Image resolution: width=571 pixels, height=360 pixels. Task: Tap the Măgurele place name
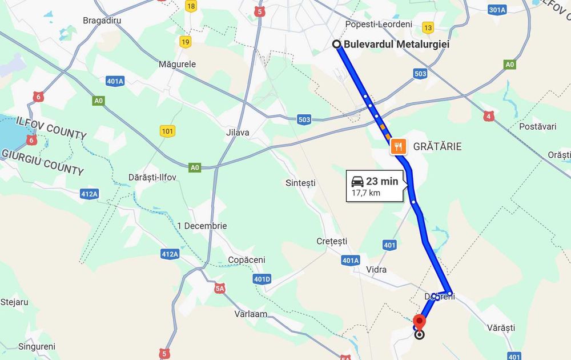pyautogui.click(x=177, y=64)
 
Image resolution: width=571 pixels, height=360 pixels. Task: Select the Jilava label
pyautogui.click(x=238, y=133)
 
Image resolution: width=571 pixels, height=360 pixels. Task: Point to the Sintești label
pyautogui.click(x=300, y=183)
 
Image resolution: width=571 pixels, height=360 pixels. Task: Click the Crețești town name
pyautogui.click(x=332, y=241)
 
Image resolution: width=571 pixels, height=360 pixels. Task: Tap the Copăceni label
pyautogui.click(x=247, y=259)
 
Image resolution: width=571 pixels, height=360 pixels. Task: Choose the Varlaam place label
pyautogui.click(x=251, y=314)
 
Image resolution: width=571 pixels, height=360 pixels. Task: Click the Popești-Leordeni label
pyautogui.click(x=379, y=24)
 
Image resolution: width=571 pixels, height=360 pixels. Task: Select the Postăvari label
pyautogui.click(x=538, y=126)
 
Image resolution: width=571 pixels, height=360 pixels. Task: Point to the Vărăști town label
pyautogui.click(x=501, y=328)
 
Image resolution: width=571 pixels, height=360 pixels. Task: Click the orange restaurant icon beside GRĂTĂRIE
pyautogui.click(x=399, y=147)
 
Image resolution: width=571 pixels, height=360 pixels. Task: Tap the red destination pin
pyautogui.click(x=420, y=322)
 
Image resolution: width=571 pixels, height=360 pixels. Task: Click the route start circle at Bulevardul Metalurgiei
pyautogui.click(x=337, y=44)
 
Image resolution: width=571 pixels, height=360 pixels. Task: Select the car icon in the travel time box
pyautogui.click(x=357, y=182)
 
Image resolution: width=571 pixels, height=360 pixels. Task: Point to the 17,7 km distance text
pyautogui.click(x=366, y=193)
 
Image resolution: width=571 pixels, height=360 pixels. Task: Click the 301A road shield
pyautogui.click(x=497, y=10)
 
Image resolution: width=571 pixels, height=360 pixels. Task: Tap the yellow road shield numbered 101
pyautogui.click(x=167, y=131)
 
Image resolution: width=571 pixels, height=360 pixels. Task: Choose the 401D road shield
pyautogui.click(x=262, y=279)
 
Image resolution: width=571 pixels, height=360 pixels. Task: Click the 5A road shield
pyautogui.click(x=220, y=289)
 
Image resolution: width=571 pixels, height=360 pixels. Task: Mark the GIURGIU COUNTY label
pyautogui.click(x=43, y=162)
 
